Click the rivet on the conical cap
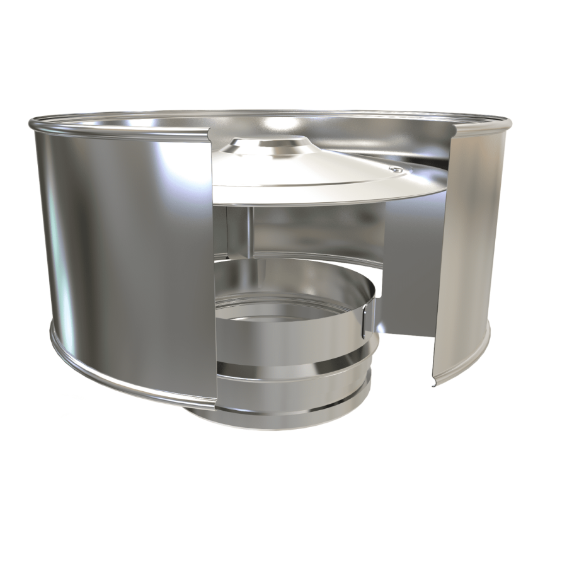(394, 169)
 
